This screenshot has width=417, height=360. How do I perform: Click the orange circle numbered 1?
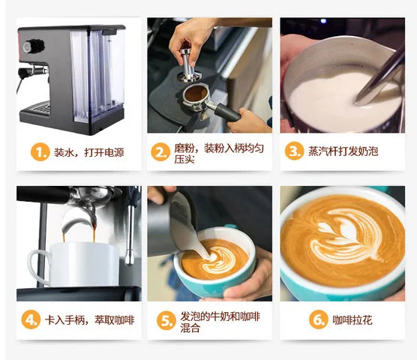[40, 152]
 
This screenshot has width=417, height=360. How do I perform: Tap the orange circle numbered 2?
[160, 152]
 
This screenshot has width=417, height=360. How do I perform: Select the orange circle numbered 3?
[294, 151]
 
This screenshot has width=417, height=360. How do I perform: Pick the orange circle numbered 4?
[31, 319]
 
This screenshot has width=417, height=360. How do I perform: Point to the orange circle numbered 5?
[166, 321]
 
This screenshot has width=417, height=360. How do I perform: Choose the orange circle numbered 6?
[319, 319]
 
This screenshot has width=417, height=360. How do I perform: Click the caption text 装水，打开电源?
[89, 152]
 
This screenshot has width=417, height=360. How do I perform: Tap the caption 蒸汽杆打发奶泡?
[343, 151]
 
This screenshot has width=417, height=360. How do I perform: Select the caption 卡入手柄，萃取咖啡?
[89, 319]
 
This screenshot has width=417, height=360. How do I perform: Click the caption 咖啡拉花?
[352, 319]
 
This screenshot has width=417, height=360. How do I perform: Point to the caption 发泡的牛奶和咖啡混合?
[220, 322]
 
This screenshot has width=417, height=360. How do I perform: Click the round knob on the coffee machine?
[33, 46]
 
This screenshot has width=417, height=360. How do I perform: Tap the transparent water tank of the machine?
[97, 76]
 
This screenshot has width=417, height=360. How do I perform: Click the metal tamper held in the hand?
[188, 65]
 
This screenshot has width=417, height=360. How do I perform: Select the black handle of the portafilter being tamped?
[227, 112]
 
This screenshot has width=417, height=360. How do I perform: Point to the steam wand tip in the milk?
[359, 101]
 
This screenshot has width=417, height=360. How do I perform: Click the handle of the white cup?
[38, 267]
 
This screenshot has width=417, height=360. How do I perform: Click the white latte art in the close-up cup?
[346, 237]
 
